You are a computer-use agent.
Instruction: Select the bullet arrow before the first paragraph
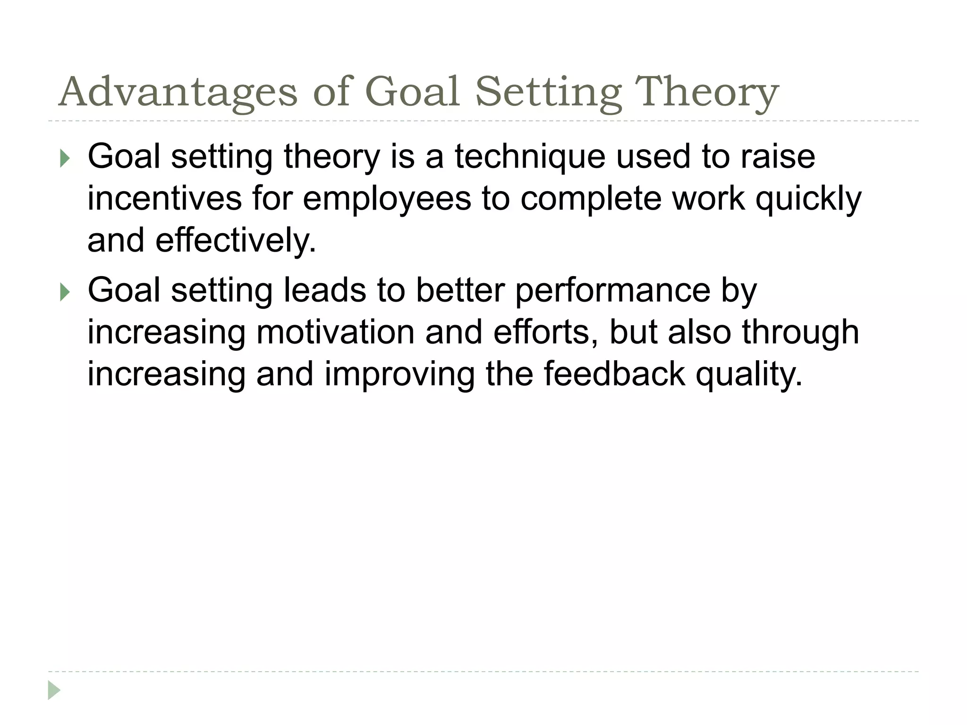tap(65, 159)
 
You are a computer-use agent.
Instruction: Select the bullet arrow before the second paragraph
tap(65, 292)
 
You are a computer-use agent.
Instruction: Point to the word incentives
tap(164, 198)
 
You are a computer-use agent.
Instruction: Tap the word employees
tap(387, 198)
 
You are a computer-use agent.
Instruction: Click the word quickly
tap(808, 198)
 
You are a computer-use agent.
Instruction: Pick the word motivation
tap(336, 332)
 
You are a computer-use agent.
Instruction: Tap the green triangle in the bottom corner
tap(54, 691)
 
